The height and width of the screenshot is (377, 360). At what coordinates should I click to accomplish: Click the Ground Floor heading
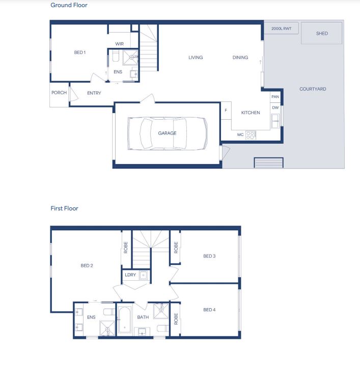point(69,5)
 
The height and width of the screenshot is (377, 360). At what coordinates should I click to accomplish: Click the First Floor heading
point(64,208)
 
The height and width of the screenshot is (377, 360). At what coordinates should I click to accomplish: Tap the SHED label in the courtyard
point(322,34)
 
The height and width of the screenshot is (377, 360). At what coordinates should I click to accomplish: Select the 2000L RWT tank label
point(281,29)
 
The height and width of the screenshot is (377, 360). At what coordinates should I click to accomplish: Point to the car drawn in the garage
point(167,133)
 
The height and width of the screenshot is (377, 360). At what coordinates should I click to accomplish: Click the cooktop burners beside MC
point(251,135)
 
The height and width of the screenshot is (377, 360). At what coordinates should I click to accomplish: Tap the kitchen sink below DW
point(275,121)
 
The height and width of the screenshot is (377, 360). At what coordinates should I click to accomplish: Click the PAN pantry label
point(275,97)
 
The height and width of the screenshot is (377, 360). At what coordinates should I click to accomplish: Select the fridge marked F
point(226,111)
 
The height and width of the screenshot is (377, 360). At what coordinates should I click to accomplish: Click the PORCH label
point(59,93)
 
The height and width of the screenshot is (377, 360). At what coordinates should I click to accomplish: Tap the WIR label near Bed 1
point(120,44)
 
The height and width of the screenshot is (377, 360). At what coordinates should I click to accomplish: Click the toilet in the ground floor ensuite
point(116,56)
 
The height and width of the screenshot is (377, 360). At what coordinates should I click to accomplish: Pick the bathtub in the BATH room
point(124,319)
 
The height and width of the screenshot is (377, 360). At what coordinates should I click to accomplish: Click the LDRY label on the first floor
point(130,275)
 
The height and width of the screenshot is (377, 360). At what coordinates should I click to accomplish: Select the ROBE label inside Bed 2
point(125,248)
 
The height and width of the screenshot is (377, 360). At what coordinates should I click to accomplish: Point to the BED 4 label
point(209,310)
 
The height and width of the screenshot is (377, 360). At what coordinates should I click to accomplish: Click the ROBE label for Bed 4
point(176,319)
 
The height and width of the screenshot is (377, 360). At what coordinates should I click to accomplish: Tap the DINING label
point(240,58)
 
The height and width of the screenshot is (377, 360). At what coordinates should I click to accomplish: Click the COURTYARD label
point(313,89)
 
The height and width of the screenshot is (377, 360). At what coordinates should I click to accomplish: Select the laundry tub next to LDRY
point(143,275)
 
